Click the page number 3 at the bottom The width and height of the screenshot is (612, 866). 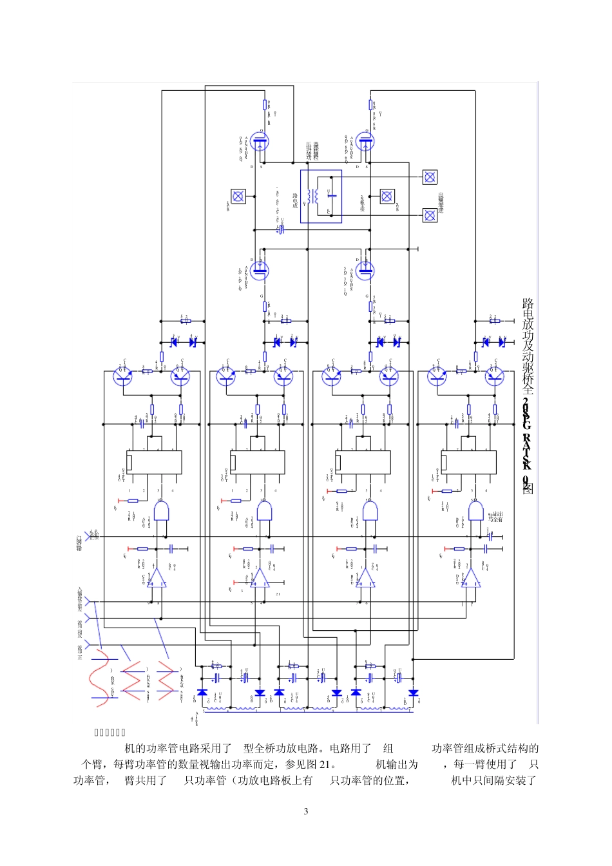[x=306, y=811]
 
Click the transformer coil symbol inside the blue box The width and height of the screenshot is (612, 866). [x=313, y=197]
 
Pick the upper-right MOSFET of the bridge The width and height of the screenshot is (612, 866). [x=365, y=142]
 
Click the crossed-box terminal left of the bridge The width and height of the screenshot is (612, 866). [x=238, y=196]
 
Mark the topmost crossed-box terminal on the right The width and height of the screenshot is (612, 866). [x=430, y=177]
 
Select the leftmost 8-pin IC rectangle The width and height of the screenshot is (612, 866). [x=154, y=462]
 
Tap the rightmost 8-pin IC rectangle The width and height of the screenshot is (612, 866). [x=469, y=462]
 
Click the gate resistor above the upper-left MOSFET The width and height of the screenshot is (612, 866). [x=264, y=104]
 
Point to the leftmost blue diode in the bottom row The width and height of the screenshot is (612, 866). [x=202, y=693]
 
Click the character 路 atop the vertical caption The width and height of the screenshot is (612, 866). [x=528, y=303]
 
